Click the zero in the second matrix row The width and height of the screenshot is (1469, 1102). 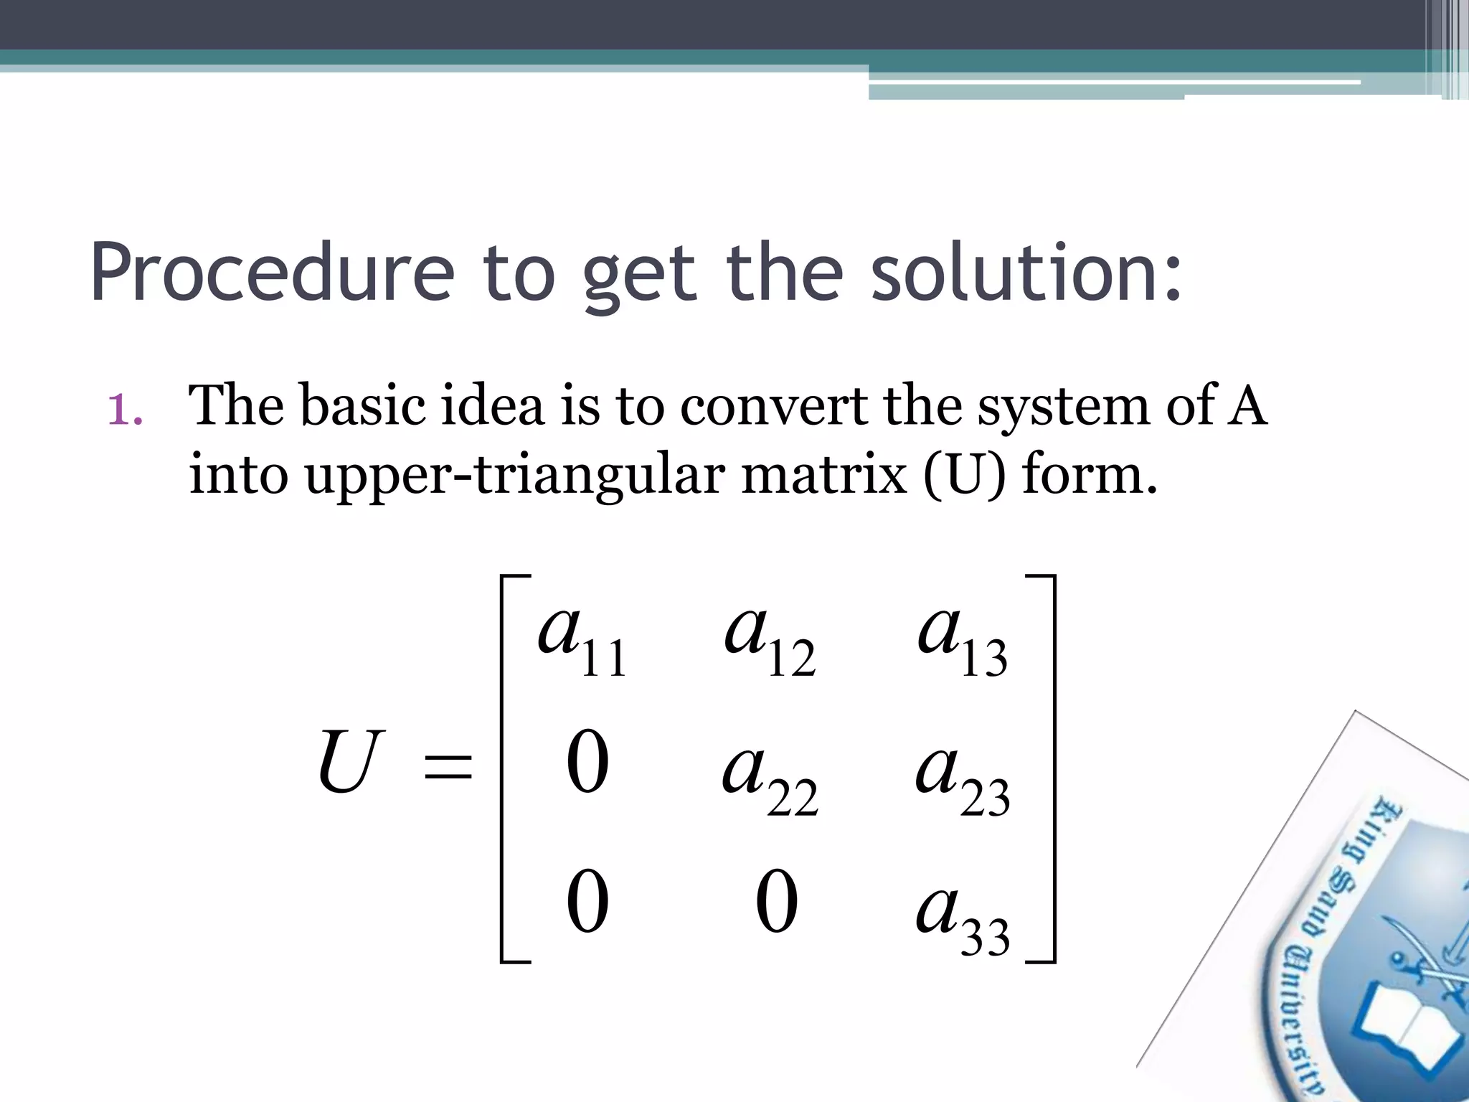point(587,765)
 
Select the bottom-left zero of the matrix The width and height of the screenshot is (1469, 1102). point(587,903)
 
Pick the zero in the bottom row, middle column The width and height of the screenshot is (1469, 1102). point(777,903)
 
